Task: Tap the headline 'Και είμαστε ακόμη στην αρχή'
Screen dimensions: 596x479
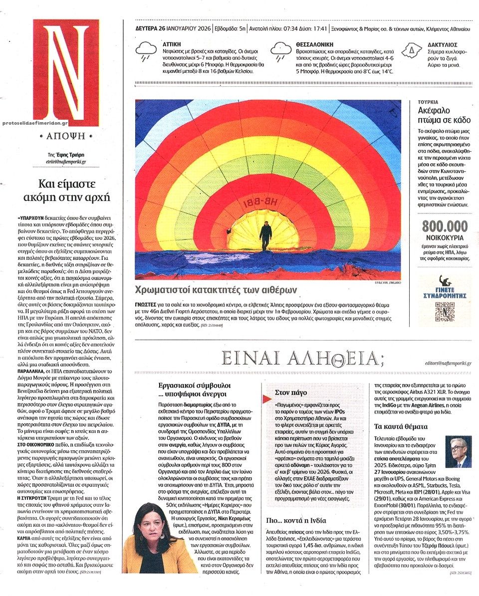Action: (x=67, y=190)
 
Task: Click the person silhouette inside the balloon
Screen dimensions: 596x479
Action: (x=265, y=235)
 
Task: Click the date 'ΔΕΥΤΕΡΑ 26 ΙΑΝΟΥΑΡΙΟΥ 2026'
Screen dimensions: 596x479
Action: (x=173, y=28)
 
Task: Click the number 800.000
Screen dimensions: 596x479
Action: (x=445, y=226)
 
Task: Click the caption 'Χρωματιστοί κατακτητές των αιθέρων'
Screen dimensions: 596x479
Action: (x=216, y=290)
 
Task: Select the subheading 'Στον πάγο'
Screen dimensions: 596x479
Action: (x=287, y=393)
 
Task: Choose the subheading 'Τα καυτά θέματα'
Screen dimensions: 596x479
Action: (x=400, y=426)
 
